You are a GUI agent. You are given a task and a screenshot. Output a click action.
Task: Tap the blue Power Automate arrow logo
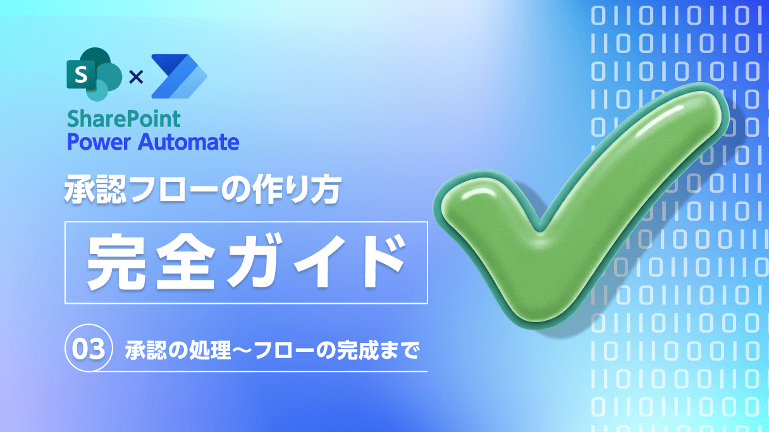coord(179,76)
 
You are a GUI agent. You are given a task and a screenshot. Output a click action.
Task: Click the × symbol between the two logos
coord(135,77)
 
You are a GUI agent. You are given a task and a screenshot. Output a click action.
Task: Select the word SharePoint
coord(123,119)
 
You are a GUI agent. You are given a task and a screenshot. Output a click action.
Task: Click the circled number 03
coord(89,349)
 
